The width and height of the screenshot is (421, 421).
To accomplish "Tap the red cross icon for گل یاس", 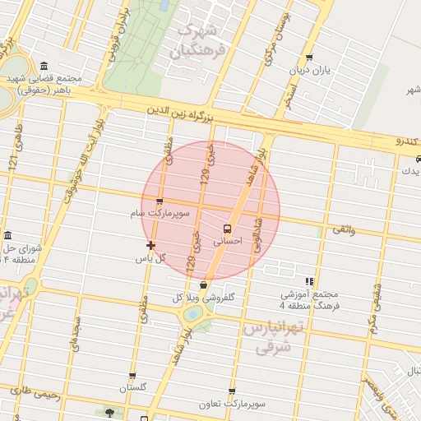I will click(150, 245).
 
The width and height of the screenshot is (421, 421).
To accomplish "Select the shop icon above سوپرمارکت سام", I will click(160, 201).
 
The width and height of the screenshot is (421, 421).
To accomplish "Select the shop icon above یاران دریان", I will click(309, 58).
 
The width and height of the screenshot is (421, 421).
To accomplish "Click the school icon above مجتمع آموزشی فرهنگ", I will click(309, 281).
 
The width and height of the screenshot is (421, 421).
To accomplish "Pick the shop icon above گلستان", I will click(132, 377).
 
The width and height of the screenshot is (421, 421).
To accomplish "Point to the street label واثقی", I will click(343, 230).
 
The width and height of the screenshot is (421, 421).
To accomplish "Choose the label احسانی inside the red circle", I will click(227, 243).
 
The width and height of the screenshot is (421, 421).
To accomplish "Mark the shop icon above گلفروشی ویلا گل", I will click(203, 285).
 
